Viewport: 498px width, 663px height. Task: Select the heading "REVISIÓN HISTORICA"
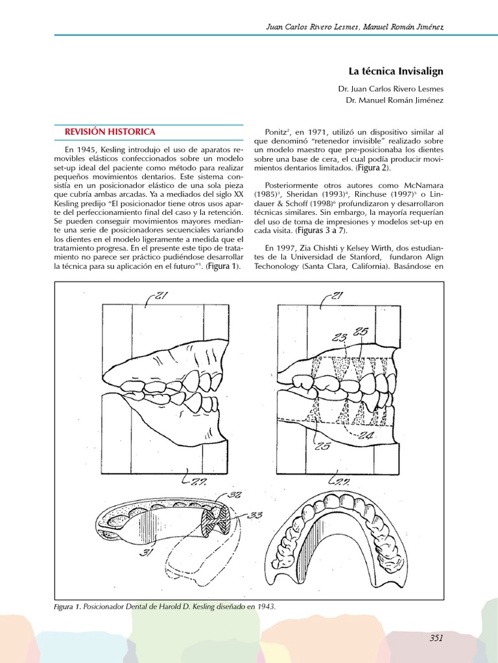tap(110, 131)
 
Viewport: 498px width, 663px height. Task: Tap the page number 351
tap(436, 638)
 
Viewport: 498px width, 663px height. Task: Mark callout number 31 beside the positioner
tap(148, 552)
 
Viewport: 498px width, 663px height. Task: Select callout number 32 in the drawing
tap(235, 495)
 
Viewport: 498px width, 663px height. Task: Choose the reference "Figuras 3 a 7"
tap(320, 230)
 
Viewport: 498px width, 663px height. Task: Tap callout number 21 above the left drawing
tap(160, 297)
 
